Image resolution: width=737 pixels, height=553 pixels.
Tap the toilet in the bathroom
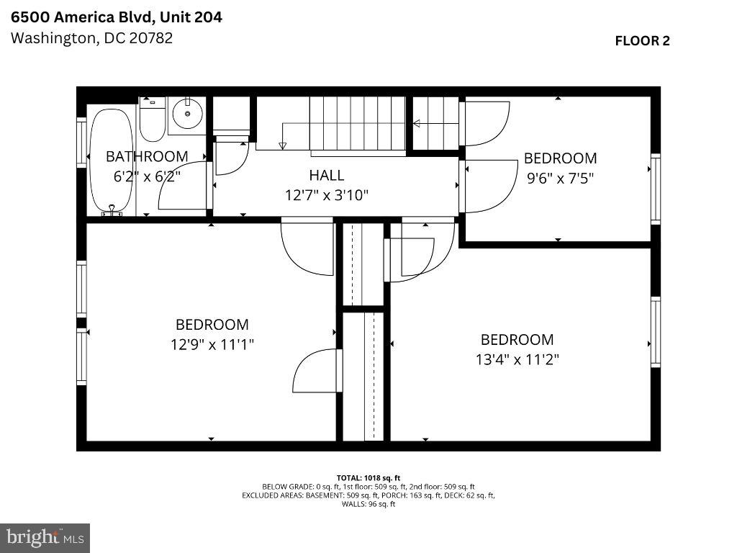point(152,120)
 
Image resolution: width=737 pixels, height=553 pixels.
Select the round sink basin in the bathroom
point(189,114)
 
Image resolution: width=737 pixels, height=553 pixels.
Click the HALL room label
point(326,175)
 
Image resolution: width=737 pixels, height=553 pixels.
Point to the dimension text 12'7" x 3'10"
point(327,194)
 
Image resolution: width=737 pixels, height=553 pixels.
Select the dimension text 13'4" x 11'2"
point(517,359)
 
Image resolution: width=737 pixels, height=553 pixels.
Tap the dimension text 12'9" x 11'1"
point(212,344)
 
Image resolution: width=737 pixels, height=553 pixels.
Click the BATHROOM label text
point(147,156)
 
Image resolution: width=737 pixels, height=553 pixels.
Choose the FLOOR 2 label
point(642,40)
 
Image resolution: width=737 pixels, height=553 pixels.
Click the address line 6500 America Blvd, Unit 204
point(116,17)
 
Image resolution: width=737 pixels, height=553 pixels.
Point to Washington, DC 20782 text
point(91,38)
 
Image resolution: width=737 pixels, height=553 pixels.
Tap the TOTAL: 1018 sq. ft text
point(368,477)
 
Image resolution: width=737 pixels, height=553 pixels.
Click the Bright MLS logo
point(45,537)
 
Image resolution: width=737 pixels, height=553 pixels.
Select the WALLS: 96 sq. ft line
point(368,504)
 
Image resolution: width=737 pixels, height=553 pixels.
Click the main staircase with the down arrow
point(358,125)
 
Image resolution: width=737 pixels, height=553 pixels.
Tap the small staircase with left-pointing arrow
point(435,123)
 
